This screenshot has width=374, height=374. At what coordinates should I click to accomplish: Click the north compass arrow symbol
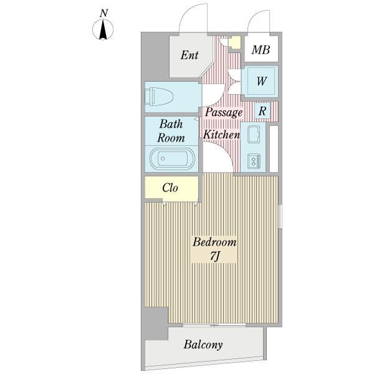(103, 30)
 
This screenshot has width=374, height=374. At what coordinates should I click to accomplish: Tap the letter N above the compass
(103, 13)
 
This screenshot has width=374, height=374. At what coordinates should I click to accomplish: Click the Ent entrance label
(189, 55)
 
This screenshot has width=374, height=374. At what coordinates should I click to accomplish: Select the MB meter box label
(261, 50)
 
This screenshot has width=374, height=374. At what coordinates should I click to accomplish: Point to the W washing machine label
(262, 81)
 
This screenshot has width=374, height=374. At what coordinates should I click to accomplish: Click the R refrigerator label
(262, 111)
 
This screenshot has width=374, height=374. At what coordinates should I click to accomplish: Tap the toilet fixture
(159, 97)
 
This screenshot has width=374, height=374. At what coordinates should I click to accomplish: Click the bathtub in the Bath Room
(172, 158)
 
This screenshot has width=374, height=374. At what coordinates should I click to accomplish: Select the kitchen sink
(254, 134)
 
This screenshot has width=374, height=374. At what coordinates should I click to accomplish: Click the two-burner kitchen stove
(254, 161)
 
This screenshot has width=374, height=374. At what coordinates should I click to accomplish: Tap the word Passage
(224, 112)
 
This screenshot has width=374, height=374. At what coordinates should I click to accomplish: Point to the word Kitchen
(221, 135)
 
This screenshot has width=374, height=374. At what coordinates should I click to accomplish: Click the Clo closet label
(170, 188)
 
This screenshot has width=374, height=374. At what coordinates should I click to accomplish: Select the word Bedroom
(214, 242)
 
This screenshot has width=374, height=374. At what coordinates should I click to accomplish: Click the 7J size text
(214, 256)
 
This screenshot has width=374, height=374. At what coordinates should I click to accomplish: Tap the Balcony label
(203, 345)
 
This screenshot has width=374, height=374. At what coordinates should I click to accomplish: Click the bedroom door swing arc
(226, 151)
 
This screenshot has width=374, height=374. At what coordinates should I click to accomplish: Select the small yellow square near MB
(234, 42)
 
